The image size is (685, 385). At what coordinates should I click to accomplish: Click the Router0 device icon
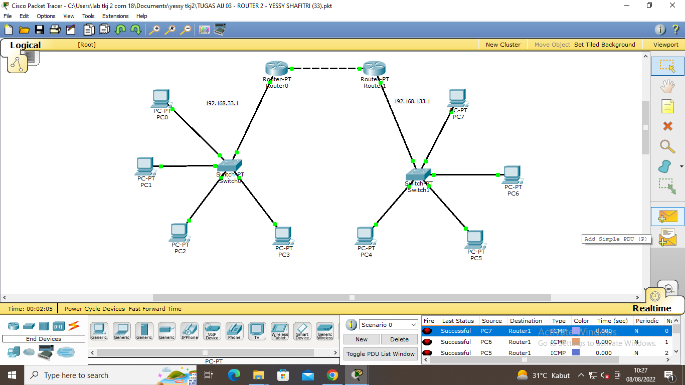277,68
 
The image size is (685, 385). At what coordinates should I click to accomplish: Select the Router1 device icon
374,68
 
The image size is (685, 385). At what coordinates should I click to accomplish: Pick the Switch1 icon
418,174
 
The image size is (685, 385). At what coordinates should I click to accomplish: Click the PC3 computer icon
283,236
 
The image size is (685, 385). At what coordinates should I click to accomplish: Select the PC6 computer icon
512,174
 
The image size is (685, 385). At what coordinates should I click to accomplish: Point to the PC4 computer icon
366,236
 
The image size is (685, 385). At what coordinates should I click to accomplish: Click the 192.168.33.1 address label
222,104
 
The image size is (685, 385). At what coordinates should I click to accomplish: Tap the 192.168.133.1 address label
412,101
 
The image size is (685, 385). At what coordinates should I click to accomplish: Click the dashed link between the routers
325,68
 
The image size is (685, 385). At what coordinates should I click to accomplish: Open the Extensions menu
115,16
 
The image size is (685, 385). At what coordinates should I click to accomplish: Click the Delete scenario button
399,339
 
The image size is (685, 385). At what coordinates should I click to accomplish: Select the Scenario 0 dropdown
388,325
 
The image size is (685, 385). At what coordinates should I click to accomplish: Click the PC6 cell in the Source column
486,342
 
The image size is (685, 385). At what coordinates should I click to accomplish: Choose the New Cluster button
503,45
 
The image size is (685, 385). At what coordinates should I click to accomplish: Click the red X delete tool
667,126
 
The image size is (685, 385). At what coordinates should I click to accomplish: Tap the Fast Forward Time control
155,309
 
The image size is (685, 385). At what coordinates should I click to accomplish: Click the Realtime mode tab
651,308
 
